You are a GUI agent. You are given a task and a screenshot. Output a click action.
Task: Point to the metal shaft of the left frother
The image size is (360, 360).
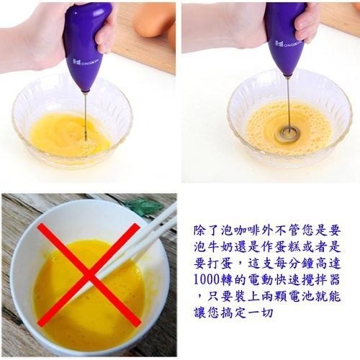85,115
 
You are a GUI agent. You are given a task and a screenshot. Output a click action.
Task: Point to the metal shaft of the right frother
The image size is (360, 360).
288,101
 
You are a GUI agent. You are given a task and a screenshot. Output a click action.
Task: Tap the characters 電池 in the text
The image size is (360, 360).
311,296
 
